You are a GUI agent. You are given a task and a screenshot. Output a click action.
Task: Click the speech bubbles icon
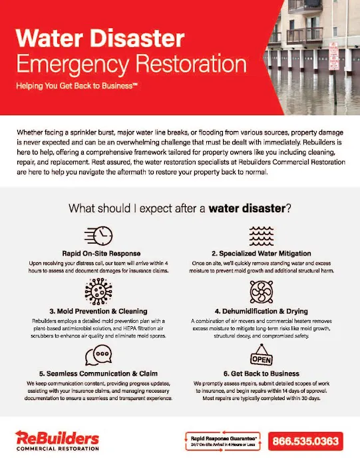pyautogui.click(x=102, y=353)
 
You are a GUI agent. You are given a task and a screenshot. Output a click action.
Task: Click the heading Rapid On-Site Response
pyautogui.click(x=102, y=254)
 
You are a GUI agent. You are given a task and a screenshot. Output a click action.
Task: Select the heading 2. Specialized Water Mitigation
pyautogui.click(x=260, y=254)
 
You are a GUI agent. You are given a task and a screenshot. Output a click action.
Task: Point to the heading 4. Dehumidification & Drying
pyautogui.click(x=260, y=310)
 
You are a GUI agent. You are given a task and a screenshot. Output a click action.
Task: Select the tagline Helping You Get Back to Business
pyautogui.click(x=77, y=87)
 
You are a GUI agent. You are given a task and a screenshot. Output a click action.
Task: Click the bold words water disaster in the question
pyautogui.click(x=246, y=208)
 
